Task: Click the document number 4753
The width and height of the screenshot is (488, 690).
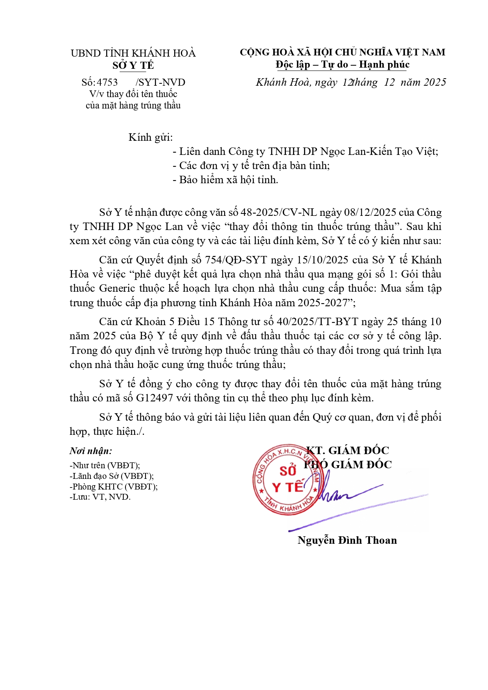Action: [107, 82]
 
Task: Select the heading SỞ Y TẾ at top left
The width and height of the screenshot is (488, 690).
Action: [133, 65]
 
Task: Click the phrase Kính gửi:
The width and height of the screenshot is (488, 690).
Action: [151, 137]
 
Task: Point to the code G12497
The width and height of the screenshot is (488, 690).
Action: [155, 398]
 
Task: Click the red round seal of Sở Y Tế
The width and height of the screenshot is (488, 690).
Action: [286, 480]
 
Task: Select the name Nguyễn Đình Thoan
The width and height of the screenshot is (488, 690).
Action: [347, 540]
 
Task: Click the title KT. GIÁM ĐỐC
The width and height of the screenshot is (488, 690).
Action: [348, 451]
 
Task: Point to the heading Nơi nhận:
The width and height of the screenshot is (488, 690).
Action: [91, 451]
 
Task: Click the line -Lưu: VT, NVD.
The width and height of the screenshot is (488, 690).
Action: [100, 497]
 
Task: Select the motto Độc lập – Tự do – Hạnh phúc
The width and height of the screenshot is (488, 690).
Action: [343, 64]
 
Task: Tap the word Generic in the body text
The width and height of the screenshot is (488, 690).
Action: [117, 288]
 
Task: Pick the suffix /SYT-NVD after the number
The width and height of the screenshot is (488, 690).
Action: [160, 82]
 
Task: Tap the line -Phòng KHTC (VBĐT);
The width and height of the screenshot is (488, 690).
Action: [113, 486]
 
